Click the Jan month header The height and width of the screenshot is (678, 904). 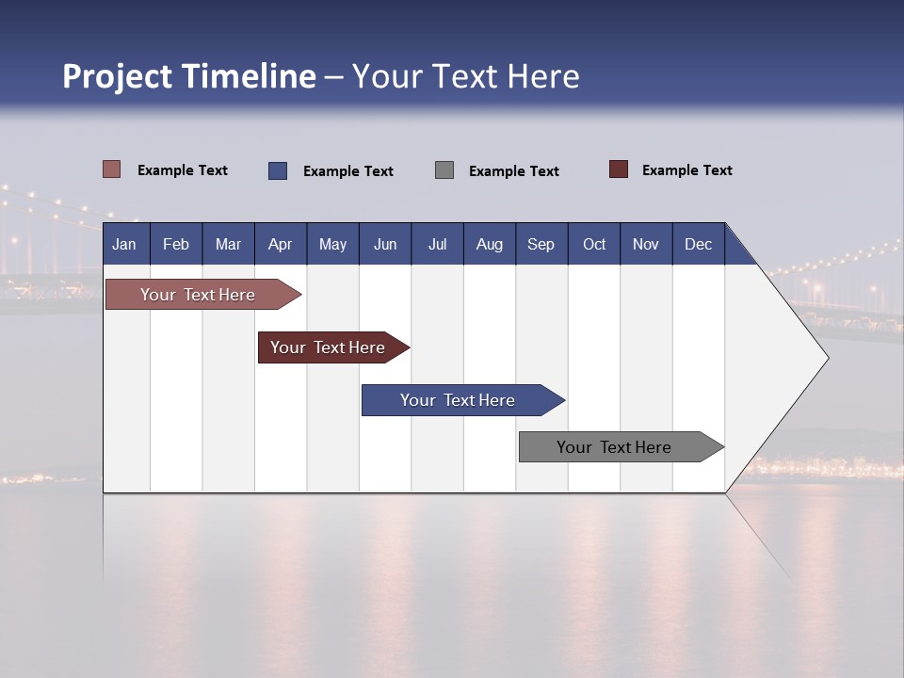coord(125,244)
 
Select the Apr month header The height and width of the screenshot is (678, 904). coord(281,244)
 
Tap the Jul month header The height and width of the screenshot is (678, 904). coord(437,244)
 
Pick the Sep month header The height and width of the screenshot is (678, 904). coord(541,244)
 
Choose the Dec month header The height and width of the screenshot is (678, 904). coord(698,244)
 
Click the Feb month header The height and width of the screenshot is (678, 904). coord(176,244)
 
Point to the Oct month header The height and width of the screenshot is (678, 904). coord(594,244)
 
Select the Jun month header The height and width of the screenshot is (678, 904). coord(385,244)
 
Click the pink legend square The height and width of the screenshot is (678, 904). coord(111,169)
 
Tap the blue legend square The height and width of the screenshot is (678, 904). coord(278,170)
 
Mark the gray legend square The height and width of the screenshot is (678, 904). coord(444,170)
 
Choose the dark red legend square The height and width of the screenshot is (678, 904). coord(619,169)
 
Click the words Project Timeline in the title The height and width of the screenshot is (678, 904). coord(189,76)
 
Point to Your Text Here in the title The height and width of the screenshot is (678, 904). coord(465,76)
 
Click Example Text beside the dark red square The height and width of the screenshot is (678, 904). coord(686,170)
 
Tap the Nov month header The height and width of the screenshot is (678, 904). coord(646,244)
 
